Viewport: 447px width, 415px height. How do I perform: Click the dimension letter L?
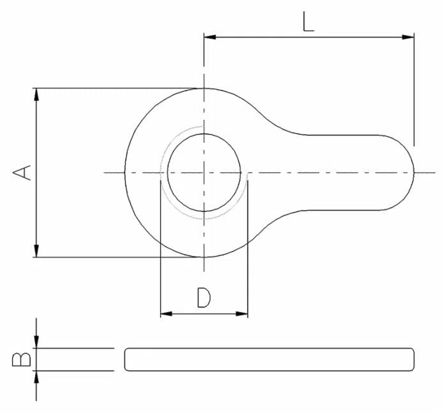point(308,22)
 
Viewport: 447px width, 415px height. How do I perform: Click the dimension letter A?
point(22,172)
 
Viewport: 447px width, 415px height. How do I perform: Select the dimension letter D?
point(204,298)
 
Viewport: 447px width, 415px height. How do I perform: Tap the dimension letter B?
point(22,359)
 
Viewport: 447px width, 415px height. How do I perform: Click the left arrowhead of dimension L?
point(210,37)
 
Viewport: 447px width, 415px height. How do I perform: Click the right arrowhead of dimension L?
point(408,37)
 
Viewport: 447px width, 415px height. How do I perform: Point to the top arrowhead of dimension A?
point(36,94)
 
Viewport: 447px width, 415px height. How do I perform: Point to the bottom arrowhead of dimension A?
point(36,251)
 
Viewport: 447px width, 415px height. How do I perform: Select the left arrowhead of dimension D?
point(167,314)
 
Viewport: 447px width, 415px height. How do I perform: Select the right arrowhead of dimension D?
point(242,314)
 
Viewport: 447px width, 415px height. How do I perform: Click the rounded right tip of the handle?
point(414,172)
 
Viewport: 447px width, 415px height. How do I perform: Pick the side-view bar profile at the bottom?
point(269,359)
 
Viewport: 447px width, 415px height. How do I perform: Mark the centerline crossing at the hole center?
point(204,172)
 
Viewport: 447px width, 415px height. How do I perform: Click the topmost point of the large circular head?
point(204,88)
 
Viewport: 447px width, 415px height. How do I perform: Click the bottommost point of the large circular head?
point(204,257)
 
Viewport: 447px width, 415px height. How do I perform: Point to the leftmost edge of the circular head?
point(125,172)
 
